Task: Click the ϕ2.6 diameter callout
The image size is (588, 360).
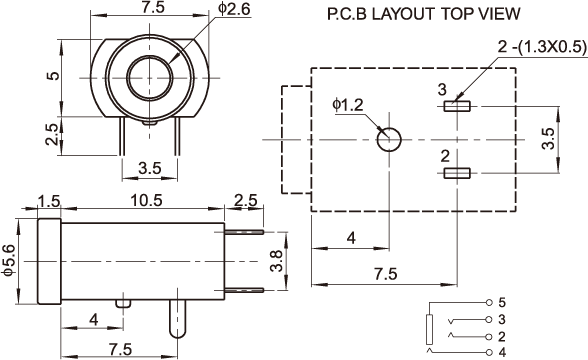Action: (234, 9)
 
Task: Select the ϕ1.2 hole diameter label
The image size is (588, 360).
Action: (348, 105)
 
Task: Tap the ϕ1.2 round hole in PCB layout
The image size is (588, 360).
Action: (389, 140)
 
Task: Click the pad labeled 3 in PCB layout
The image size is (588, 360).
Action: (457, 106)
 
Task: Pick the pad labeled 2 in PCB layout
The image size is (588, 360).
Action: (457, 173)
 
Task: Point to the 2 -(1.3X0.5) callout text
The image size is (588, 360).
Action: (542, 47)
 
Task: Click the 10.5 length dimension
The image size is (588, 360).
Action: (146, 201)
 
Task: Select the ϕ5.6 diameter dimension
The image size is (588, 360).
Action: (9, 260)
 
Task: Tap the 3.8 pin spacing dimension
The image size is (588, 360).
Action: (277, 261)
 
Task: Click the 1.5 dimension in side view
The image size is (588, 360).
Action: (49, 201)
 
